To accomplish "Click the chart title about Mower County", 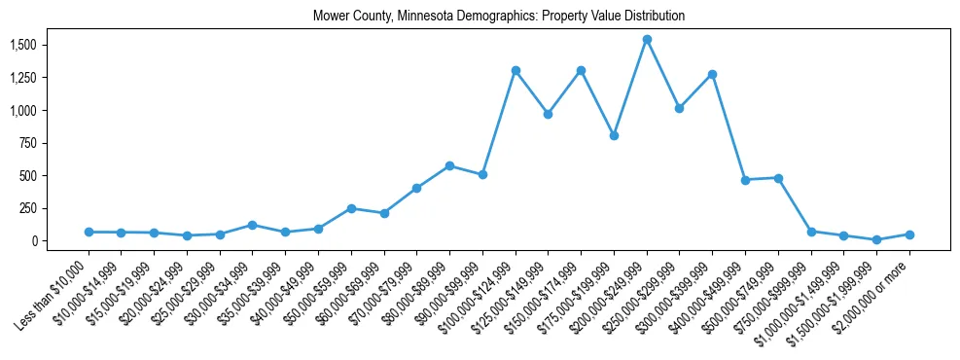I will [499, 17].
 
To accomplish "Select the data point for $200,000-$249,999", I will [647, 40].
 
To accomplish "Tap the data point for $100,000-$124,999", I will [516, 70].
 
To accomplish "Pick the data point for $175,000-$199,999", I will [614, 135].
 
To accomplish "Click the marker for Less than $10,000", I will [89, 232].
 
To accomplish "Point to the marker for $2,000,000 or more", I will [909, 234].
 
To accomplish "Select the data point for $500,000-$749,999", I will [778, 178].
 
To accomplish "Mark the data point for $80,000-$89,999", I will [449, 165].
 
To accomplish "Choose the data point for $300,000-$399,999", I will [713, 74].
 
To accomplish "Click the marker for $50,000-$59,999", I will [351, 208].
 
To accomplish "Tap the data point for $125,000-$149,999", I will [549, 114].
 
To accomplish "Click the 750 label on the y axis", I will [28, 143].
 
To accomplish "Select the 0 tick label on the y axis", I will [34, 241].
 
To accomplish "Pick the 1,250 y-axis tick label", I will [22, 78].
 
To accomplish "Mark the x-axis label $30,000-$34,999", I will [220, 287].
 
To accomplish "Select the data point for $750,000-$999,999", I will [811, 232].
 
